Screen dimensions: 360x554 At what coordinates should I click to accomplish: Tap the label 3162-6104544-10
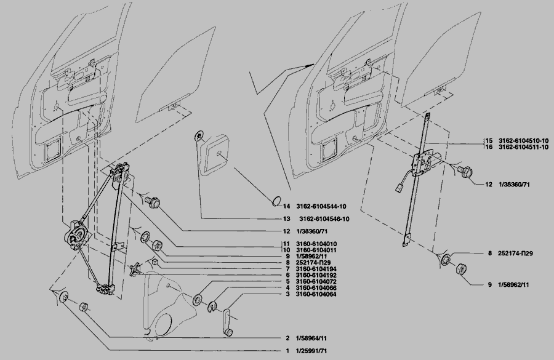point(323,206)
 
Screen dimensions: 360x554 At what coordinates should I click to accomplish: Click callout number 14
point(286,206)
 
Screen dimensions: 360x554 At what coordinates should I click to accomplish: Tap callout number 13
point(286,219)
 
